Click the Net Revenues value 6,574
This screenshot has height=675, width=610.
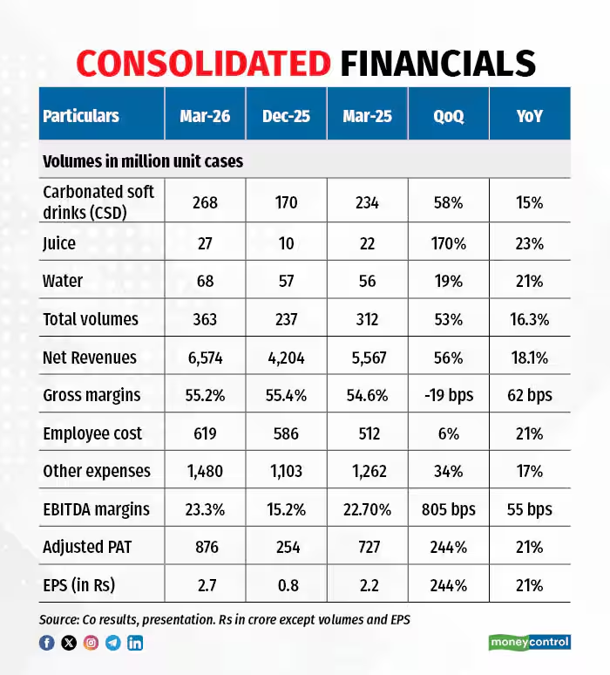click(x=206, y=358)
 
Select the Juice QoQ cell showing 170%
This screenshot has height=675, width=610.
click(x=449, y=243)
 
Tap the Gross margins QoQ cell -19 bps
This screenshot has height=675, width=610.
click(x=449, y=395)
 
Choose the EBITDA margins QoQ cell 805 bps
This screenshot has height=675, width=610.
click(x=449, y=509)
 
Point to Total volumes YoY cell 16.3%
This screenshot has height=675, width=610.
click(x=529, y=319)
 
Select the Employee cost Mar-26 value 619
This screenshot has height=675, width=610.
click(x=206, y=433)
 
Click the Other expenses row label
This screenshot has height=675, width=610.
click(x=97, y=471)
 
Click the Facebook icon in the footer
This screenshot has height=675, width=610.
click(x=47, y=644)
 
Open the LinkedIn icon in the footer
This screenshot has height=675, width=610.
click(x=135, y=644)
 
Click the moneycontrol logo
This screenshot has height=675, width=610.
click(x=528, y=643)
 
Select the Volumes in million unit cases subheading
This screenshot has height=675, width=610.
click(x=143, y=162)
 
